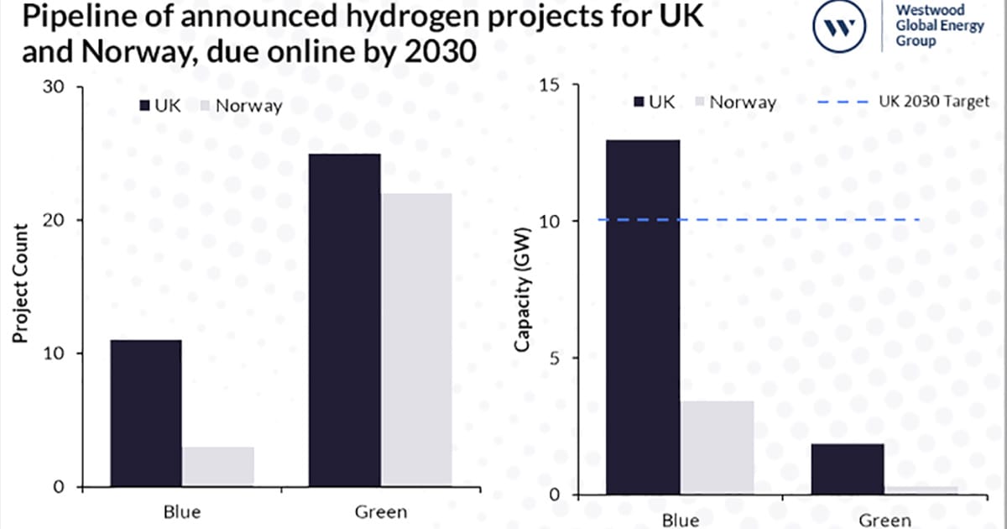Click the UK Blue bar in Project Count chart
click(x=145, y=413)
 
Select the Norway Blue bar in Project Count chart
click(x=218, y=467)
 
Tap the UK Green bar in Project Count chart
click(x=344, y=320)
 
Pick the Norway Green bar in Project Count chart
click(x=416, y=339)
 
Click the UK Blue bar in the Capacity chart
click(x=644, y=317)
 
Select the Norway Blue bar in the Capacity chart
click(x=717, y=447)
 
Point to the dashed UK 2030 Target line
click(x=755, y=220)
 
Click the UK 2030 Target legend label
click(x=934, y=102)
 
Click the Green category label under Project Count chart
click(x=381, y=511)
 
